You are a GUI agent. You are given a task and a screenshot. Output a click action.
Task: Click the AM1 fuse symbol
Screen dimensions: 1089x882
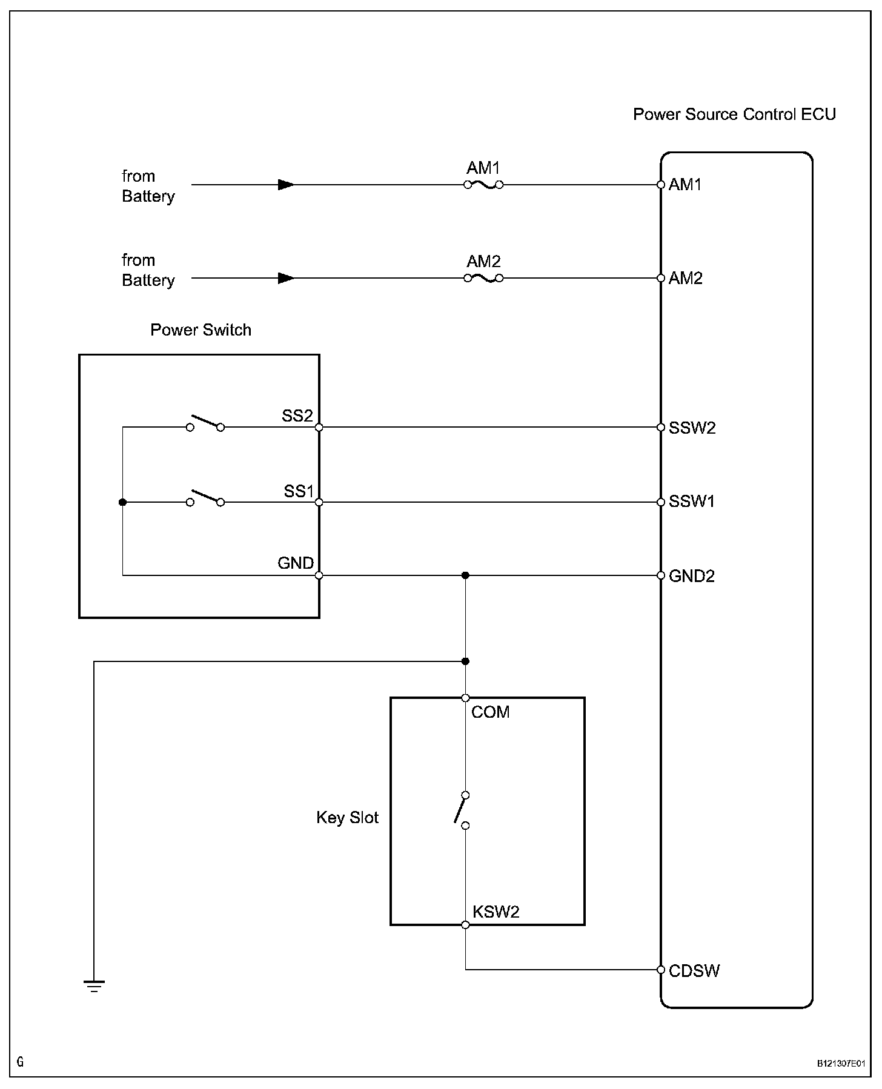click(483, 185)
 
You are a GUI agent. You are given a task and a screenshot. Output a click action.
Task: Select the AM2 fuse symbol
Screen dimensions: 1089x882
click(483, 278)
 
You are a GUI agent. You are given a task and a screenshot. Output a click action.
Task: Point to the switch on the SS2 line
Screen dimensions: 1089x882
click(205, 423)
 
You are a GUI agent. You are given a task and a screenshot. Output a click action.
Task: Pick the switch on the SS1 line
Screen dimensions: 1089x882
click(205, 498)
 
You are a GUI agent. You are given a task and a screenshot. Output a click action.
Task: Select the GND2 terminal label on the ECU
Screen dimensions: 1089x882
click(692, 576)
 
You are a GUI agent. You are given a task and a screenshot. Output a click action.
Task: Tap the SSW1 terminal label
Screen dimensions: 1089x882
click(692, 501)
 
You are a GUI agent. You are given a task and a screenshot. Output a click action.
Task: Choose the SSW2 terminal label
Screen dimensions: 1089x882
click(692, 428)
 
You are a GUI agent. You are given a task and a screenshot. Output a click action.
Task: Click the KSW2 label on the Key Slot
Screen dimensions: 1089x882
click(496, 912)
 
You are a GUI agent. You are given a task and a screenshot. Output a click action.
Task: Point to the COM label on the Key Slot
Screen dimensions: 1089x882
click(491, 712)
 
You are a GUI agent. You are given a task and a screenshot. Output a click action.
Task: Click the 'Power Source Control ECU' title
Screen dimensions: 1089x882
click(734, 114)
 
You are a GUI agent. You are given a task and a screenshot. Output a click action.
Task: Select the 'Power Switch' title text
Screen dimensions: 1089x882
click(201, 330)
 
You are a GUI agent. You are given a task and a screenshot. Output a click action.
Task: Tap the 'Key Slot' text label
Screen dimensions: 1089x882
click(347, 818)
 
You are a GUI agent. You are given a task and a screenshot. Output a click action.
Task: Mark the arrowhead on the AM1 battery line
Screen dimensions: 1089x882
click(286, 185)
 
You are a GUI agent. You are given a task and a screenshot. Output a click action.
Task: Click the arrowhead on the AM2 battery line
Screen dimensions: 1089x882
click(286, 278)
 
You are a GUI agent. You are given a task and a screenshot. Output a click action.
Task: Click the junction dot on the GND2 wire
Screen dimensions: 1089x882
click(465, 575)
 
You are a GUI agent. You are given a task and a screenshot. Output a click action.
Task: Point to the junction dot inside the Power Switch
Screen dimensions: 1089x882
click(122, 502)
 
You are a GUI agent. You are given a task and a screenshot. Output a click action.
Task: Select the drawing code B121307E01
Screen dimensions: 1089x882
click(841, 1064)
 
